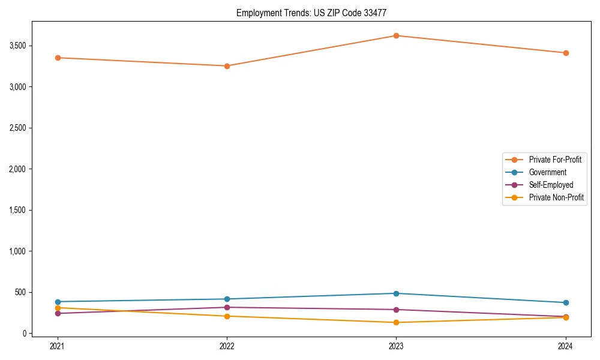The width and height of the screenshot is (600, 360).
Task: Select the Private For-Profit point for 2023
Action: (396, 35)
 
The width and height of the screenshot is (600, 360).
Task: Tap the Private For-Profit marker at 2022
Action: (227, 66)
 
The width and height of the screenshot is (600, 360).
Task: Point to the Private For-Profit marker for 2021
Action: (58, 58)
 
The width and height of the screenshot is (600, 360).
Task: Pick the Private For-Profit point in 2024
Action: (566, 53)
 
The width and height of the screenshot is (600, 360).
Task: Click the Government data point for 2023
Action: (396, 293)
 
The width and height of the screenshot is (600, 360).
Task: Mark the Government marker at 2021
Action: (58, 302)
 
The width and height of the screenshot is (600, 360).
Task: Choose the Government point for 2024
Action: (566, 302)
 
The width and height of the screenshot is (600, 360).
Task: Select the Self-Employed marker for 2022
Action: (227, 307)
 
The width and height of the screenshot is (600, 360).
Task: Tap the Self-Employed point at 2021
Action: (58, 313)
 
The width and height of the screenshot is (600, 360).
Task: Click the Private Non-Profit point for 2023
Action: (396, 322)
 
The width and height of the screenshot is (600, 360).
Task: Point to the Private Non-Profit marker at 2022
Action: (227, 316)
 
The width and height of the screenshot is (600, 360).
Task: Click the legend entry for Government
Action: (547, 172)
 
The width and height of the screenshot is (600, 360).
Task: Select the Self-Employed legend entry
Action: (551, 185)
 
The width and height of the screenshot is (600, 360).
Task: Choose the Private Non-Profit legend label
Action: (556, 197)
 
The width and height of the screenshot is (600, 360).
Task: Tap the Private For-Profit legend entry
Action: (555, 160)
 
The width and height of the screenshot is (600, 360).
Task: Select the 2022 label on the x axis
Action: (227, 346)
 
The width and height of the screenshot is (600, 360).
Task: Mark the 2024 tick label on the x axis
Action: (566, 346)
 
